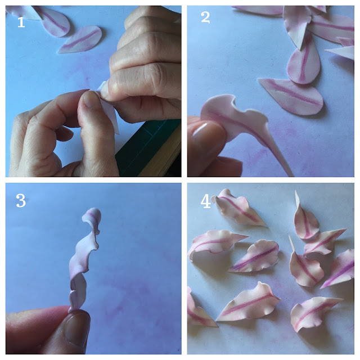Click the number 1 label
(x=21, y=22)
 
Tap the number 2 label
(x=205, y=18)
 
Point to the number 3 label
(x=21, y=201)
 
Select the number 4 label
(x=206, y=201)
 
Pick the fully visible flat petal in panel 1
(x=79, y=40)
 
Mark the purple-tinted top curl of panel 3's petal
(x=93, y=216)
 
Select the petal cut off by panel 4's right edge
(x=340, y=267)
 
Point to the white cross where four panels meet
(x=184, y=179)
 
